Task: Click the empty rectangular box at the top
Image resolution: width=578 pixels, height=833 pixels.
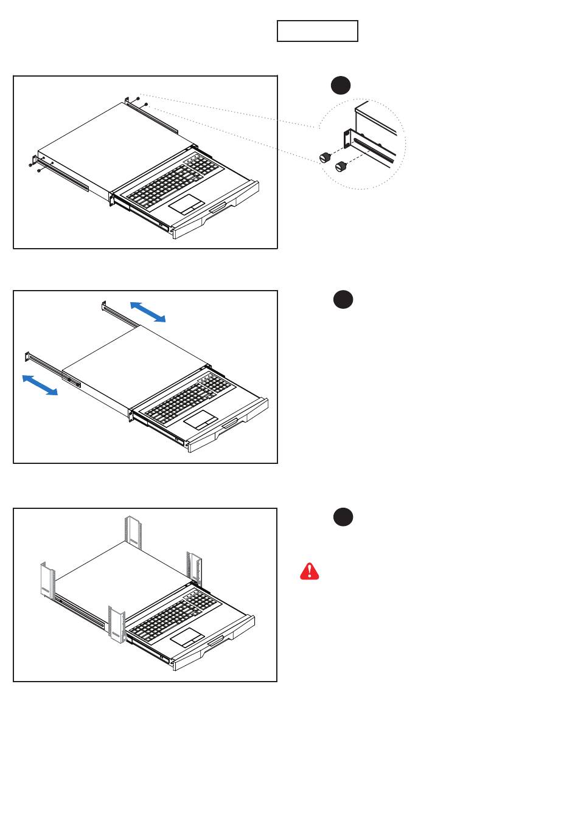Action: pyautogui.click(x=317, y=31)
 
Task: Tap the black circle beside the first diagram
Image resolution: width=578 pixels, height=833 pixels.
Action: pyautogui.click(x=341, y=85)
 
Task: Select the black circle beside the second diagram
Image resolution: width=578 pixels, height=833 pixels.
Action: pyautogui.click(x=343, y=300)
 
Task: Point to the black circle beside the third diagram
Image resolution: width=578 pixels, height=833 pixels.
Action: pyautogui.click(x=343, y=517)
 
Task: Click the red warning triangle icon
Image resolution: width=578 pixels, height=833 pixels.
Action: pyautogui.click(x=310, y=571)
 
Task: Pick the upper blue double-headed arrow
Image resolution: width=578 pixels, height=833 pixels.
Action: pyautogui.click(x=148, y=311)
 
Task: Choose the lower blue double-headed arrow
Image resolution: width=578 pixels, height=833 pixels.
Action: pyautogui.click(x=40, y=385)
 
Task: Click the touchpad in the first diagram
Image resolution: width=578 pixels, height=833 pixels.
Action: pyautogui.click(x=187, y=204)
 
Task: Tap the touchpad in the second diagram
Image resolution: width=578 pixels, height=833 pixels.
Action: pyautogui.click(x=201, y=419)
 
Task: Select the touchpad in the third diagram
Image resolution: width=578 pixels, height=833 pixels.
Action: pyautogui.click(x=187, y=637)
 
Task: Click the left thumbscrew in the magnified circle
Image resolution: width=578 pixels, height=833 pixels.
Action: pyautogui.click(x=325, y=157)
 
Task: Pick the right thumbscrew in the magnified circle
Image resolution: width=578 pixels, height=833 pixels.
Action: pyautogui.click(x=341, y=165)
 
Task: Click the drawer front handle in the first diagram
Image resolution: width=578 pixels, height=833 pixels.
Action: pyautogui.click(x=217, y=210)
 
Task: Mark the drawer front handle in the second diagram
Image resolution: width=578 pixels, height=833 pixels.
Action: pyautogui.click(x=231, y=425)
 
